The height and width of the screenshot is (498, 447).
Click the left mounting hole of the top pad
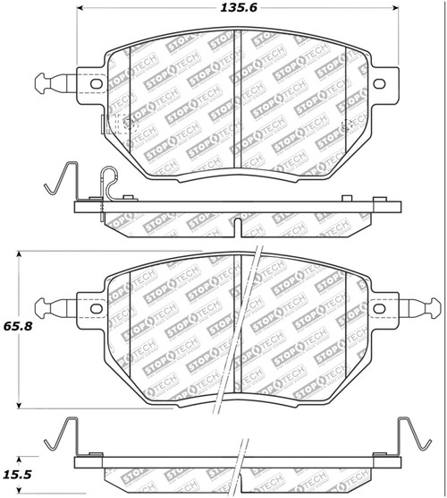click(x=91, y=84)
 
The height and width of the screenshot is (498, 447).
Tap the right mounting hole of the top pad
click(x=377, y=84)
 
